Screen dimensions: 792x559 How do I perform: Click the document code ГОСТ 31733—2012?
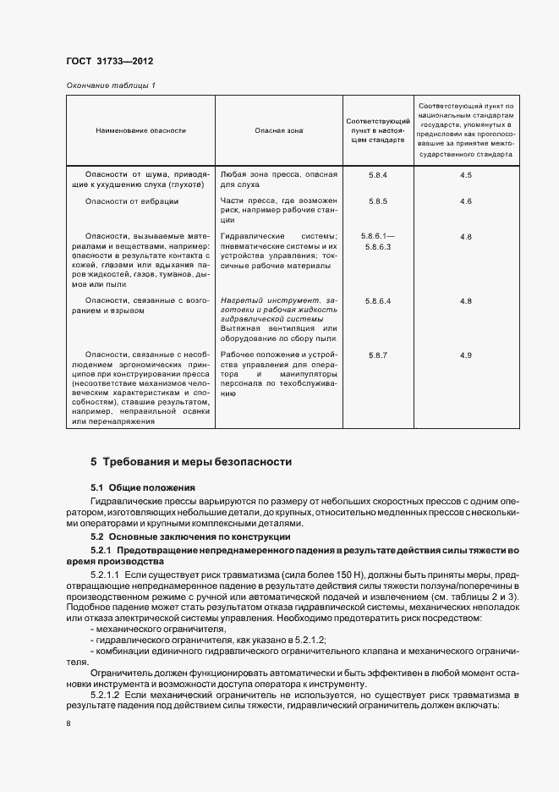[x=109, y=62]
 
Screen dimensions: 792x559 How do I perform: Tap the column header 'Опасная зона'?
[x=278, y=131]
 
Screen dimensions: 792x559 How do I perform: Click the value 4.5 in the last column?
[x=465, y=174]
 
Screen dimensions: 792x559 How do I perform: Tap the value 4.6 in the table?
[x=465, y=201]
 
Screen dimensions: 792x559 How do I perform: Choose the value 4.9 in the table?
[x=465, y=355]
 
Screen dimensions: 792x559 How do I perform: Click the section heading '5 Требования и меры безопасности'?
[x=191, y=462]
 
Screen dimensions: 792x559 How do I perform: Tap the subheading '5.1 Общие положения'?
[x=143, y=488]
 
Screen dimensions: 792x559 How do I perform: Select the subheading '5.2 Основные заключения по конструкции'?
[x=190, y=536]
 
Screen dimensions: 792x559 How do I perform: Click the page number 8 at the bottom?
[x=69, y=723]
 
